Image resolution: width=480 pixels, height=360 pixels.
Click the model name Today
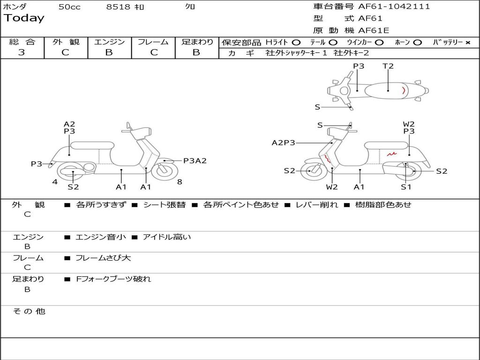coord(24,18)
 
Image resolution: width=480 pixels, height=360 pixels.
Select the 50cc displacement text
coord(69,7)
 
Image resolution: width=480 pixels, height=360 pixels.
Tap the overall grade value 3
coord(22,52)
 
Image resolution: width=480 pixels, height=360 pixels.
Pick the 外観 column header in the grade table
coord(66,42)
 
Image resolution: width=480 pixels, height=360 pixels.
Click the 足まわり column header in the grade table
coord(197,42)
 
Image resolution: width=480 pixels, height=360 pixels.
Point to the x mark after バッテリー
coord(467,42)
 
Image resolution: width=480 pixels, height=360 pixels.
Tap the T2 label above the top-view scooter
coord(388,66)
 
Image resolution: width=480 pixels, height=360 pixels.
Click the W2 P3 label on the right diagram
coord(409,128)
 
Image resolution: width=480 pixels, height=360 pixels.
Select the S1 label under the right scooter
coord(406,187)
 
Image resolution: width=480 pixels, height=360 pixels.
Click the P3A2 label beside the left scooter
coord(195,161)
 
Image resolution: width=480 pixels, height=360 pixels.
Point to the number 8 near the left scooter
coord(180,181)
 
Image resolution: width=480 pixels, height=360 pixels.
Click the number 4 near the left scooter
coord(55,181)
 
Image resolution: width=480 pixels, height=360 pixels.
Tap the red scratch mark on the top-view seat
coord(404,90)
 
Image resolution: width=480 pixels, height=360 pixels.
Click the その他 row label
coord(29,311)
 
